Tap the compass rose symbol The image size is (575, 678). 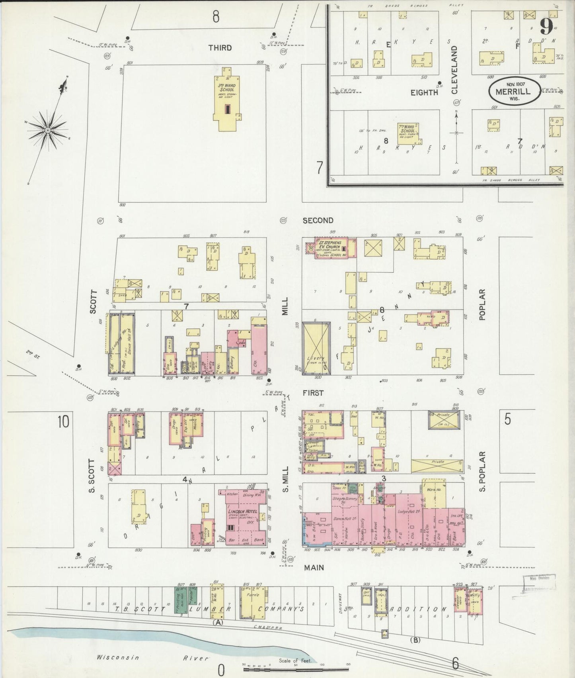click(48, 129)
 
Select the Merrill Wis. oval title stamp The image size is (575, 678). click(515, 91)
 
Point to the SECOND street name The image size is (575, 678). click(318, 220)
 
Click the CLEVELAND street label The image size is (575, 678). click(454, 70)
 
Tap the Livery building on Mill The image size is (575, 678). click(317, 349)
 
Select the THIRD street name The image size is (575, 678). click(220, 48)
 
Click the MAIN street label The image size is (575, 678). click(314, 567)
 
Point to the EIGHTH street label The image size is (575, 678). click(424, 92)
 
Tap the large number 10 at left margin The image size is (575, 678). click(63, 421)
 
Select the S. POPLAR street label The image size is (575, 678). click(482, 471)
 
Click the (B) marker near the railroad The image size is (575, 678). click(415, 640)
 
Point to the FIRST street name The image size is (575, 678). click(313, 393)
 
